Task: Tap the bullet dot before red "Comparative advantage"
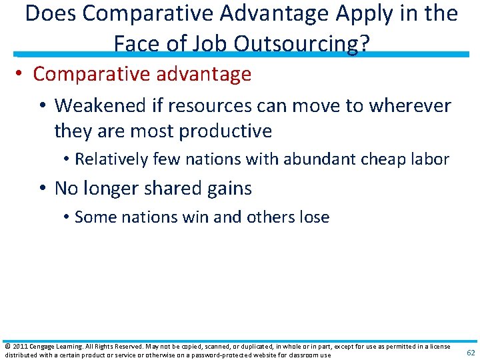point(23,74)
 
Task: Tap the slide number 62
point(471,353)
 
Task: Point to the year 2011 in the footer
point(18,347)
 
